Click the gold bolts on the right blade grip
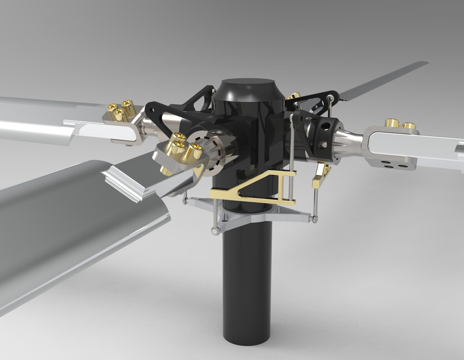(x=400, y=124)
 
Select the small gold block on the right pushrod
(x=320, y=175)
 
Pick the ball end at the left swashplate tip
(x=185, y=200)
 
